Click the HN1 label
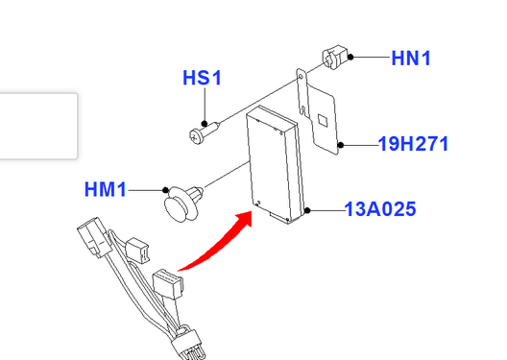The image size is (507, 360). point(411,59)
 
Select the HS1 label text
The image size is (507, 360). point(202,78)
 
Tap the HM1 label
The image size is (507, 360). point(105,189)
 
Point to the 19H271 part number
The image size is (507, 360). point(413,143)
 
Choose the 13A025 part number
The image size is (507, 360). point(380,209)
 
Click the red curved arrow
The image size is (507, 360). point(220,244)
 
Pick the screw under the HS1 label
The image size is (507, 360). point(205,132)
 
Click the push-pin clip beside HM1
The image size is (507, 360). point(183,204)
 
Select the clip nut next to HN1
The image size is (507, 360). point(335,57)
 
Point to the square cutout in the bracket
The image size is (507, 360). point(323,120)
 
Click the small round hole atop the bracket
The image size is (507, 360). point(301,77)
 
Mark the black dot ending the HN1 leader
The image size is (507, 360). point(350,58)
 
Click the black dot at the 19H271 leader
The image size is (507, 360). point(341,145)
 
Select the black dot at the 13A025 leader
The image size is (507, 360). point(307,210)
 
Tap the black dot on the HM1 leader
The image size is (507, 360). point(165,190)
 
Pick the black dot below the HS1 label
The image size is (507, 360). point(204,124)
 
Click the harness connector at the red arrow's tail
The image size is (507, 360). point(168,283)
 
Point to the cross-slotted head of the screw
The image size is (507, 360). point(196,137)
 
